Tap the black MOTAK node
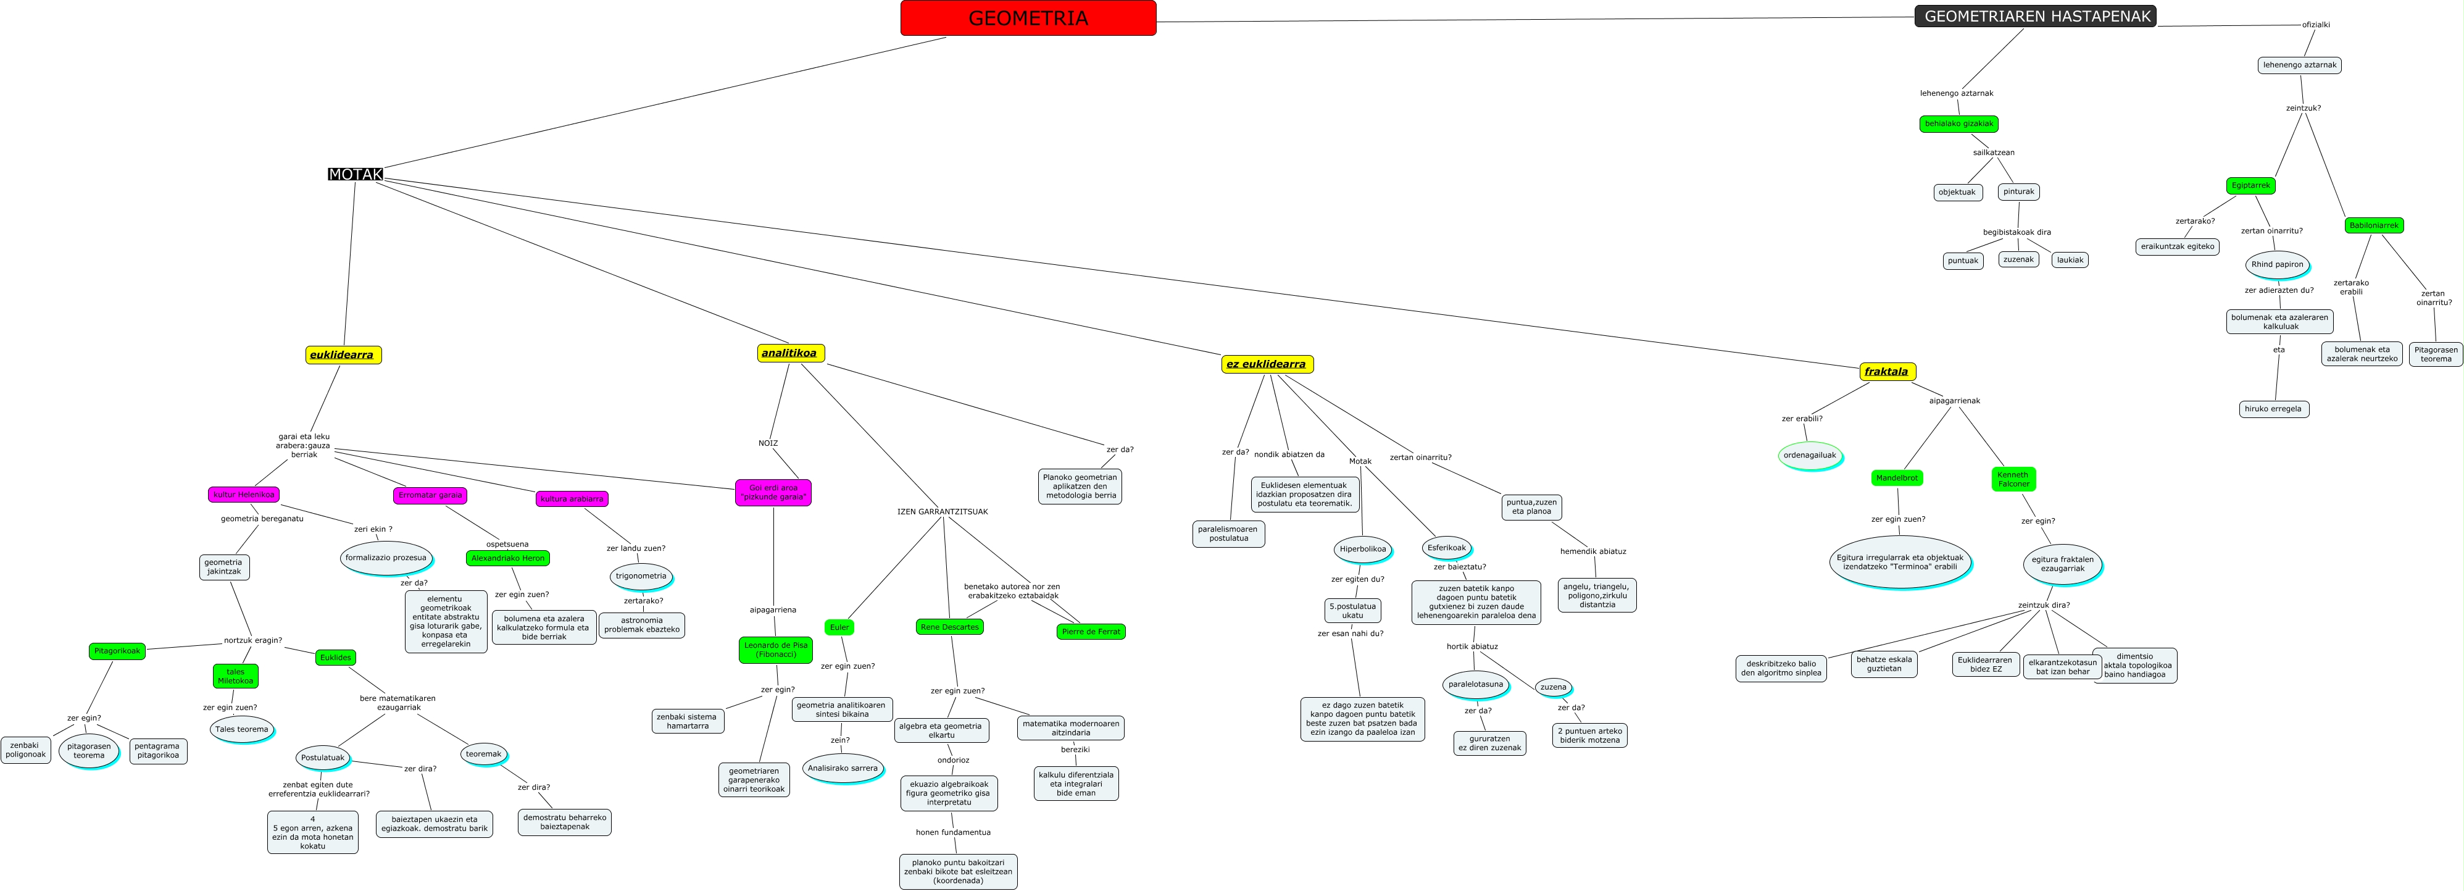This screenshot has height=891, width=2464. pos(356,174)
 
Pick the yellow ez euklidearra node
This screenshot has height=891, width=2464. pos(1267,364)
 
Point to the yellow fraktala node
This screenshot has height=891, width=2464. pos(1886,371)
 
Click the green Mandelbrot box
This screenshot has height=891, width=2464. pos(1897,477)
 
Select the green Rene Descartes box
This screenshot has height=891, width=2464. pos(949,627)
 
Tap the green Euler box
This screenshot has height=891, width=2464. pos(839,627)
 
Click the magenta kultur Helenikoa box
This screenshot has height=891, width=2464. pos(243,495)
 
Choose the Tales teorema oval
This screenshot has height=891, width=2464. pos(242,729)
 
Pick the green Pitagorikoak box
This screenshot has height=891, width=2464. pos(117,651)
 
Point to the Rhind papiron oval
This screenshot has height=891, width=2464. pos(2276,264)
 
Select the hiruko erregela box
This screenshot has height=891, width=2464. pos(2273,409)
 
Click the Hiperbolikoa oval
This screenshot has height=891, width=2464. pos(1362,550)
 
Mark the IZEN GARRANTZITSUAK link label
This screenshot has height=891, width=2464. pos(942,512)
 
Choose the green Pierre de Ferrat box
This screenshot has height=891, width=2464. pos(1091,632)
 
